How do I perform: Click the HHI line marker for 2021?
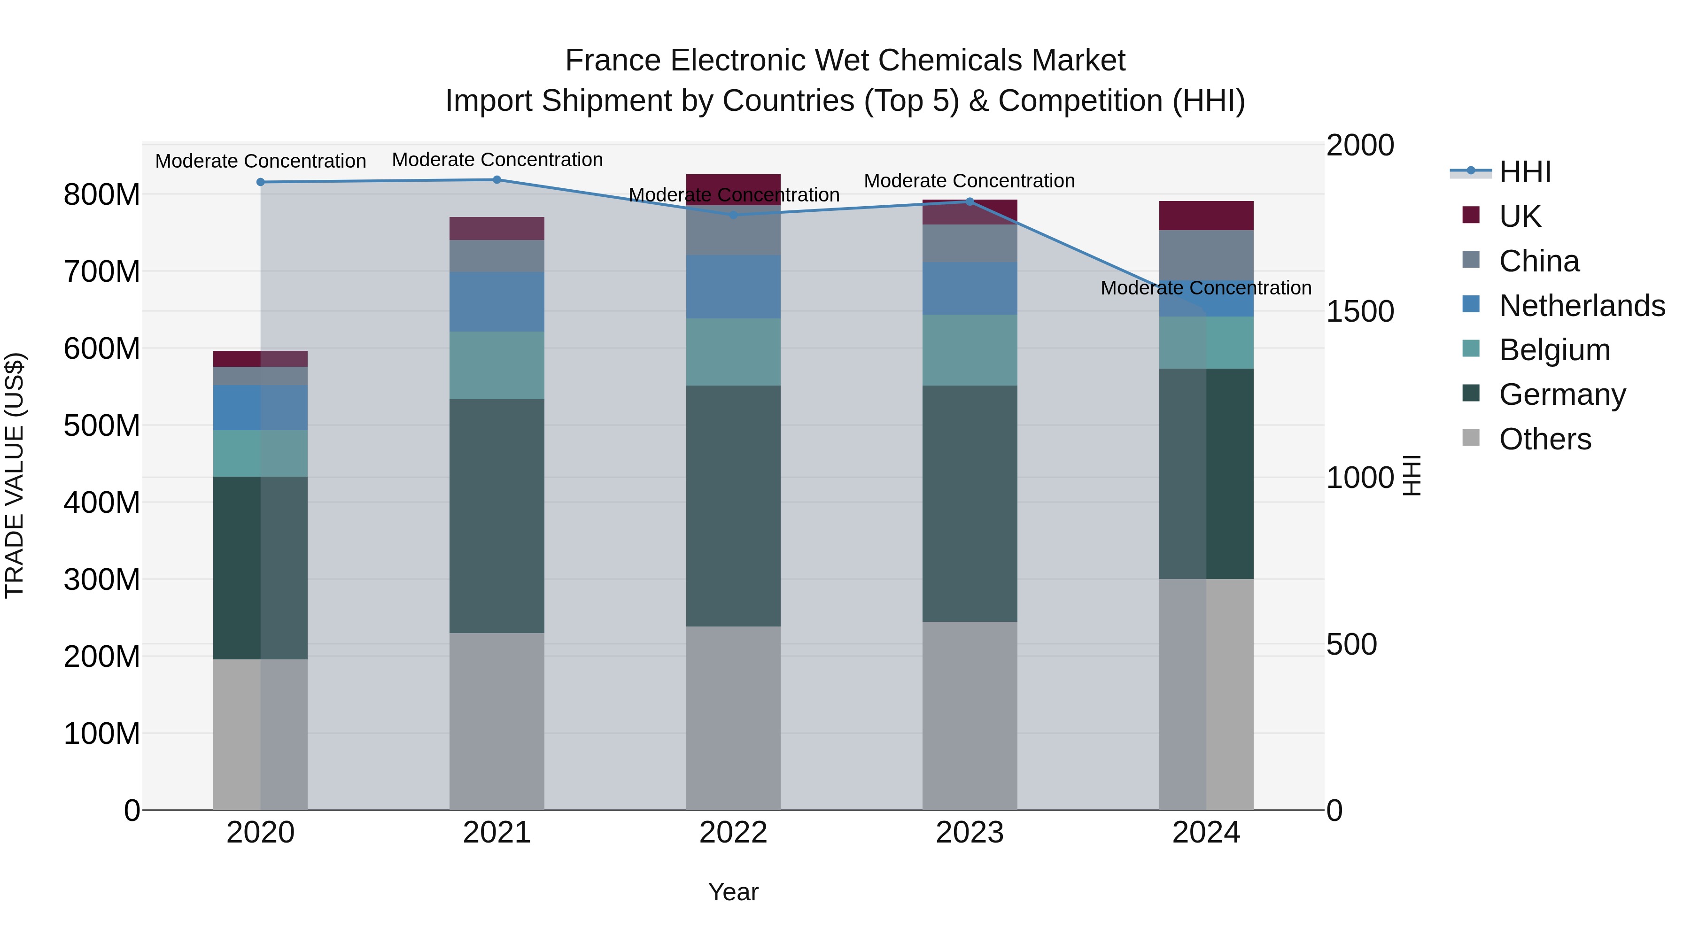click(497, 180)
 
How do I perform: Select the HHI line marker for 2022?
click(733, 215)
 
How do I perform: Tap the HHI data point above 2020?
click(261, 182)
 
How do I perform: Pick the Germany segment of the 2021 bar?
click(497, 516)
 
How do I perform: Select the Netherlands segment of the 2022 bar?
click(733, 287)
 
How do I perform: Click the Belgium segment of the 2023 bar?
click(970, 350)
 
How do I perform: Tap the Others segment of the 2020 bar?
click(261, 735)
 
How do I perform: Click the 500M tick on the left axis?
click(102, 426)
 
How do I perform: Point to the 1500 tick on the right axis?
click(1359, 312)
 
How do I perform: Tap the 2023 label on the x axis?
click(970, 833)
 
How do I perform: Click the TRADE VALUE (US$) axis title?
click(15, 475)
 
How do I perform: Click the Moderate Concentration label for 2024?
click(1206, 288)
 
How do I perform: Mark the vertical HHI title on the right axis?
click(1412, 475)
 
